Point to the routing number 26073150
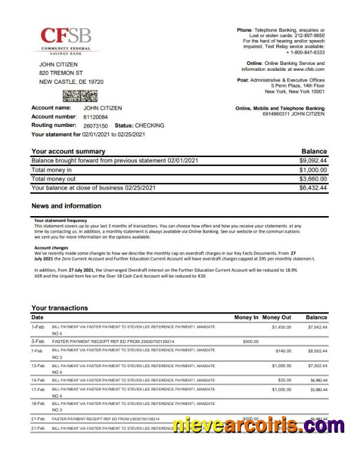pyautogui.click(x=91, y=126)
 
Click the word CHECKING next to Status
pyautogui.click(x=149, y=126)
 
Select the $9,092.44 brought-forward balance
pyautogui.click(x=313, y=160)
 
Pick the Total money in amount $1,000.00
pyautogui.click(x=313, y=169)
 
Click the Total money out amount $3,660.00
pyautogui.click(x=313, y=179)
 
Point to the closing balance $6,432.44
pyautogui.click(x=313, y=188)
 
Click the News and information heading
pyautogui.click(x=66, y=206)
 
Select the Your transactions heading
pyautogui.click(x=59, y=308)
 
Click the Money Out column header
pyautogui.click(x=277, y=318)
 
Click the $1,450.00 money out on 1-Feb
pyautogui.click(x=282, y=326)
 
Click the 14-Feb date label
pyautogui.click(x=38, y=380)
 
